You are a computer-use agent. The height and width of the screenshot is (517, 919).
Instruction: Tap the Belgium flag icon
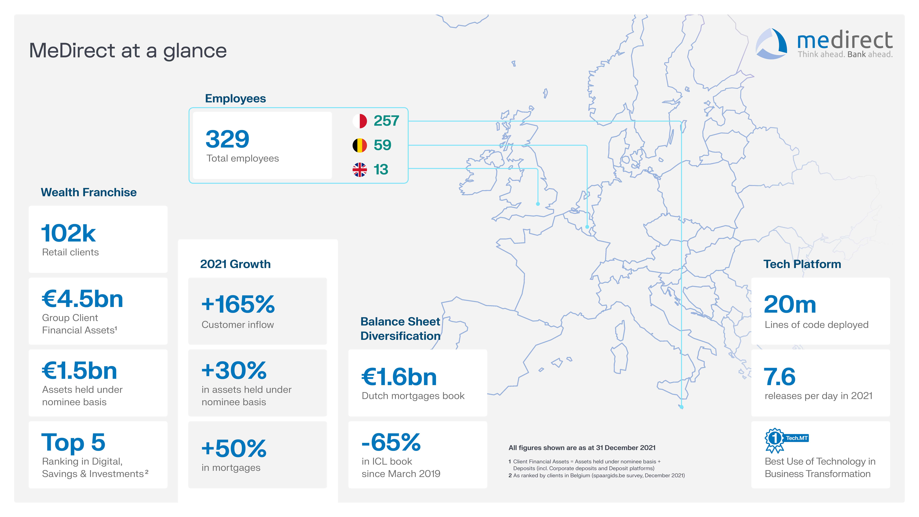pyautogui.click(x=360, y=145)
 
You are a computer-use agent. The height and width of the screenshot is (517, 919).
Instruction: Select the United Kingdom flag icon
pyautogui.click(x=360, y=169)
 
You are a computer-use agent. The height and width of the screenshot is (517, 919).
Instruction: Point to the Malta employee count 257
pyautogui.click(x=386, y=121)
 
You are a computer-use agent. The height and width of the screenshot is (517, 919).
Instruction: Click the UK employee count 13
pyautogui.click(x=381, y=169)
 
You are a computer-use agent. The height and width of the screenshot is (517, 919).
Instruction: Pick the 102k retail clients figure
pyautogui.click(x=68, y=233)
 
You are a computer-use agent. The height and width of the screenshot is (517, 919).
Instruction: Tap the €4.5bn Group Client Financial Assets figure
pyautogui.click(x=82, y=299)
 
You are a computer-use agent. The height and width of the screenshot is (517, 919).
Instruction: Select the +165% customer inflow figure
pyautogui.click(x=238, y=304)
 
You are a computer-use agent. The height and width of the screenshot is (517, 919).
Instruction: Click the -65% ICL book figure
pyautogui.click(x=391, y=442)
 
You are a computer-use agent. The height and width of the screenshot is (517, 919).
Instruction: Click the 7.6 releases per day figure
pyautogui.click(x=780, y=377)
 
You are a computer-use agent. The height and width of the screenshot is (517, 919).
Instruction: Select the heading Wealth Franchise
pyautogui.click(x=88, y=192)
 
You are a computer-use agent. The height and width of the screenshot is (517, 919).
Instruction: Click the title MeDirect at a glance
pyautogui.click(x=128, y=51)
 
